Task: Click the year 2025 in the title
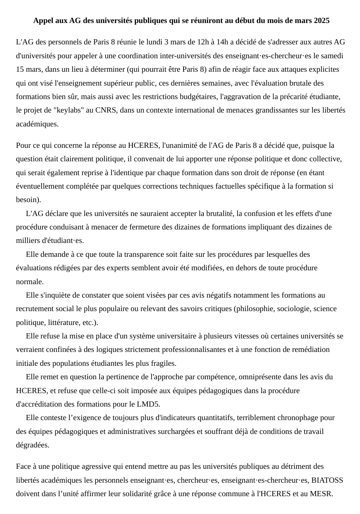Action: pyautogui.click(x=322, y=21)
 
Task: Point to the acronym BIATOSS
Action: pyautogui.click(x=327, y=480)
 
